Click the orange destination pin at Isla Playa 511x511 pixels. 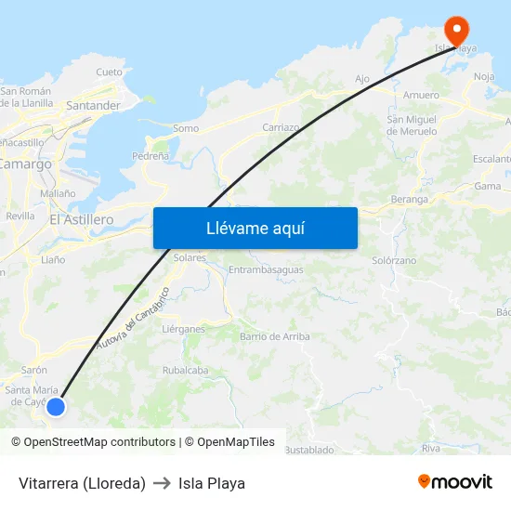click(x=456, y=28)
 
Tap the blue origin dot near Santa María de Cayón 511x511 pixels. click(x=56, y=406)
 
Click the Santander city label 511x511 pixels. click(x=93, y=106)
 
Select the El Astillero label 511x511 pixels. click(x=81, y=219)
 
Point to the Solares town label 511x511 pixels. click(x=190, y=257)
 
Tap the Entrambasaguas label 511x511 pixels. click(x=266, y=269)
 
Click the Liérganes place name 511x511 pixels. click(x=183, y=329)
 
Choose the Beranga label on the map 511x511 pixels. click(x=409, y=199)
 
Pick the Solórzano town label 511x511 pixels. click(x=394, y=260)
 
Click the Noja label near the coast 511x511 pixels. click(x=484, y=76)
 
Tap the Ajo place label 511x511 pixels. click(x=362, y=79)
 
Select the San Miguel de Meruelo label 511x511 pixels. click(x=412, y=125)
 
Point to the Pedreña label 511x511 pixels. click(x=151, y=156)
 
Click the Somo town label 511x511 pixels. click(x=186, y=128)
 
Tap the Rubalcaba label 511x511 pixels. click(x=185, y=369)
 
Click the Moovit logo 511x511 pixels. click(x=455, y=481)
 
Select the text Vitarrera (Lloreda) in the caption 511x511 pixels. click(x=82, y=483)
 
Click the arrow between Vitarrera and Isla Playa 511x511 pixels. click(x=162, y=483)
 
